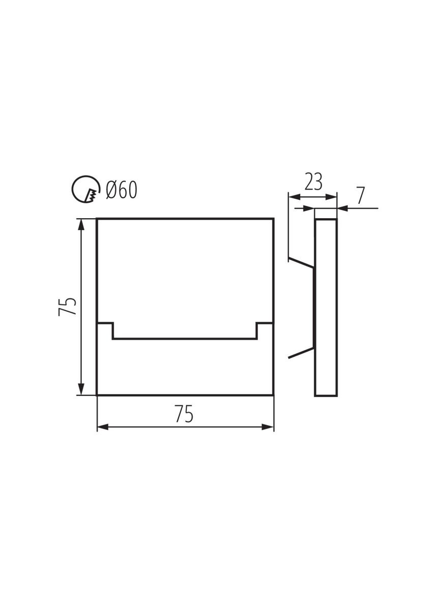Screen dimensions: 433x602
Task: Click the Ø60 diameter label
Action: [x=122, y=190]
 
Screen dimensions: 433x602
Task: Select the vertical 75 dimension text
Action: [x=68, y=307]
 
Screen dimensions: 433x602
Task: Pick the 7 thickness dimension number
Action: [x=360, y=196]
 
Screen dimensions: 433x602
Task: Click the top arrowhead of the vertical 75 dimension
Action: [x=81, y=224]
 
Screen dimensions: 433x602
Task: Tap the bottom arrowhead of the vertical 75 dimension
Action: [x=81, y=389]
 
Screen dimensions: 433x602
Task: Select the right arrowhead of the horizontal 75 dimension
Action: [x=268, y=427]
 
